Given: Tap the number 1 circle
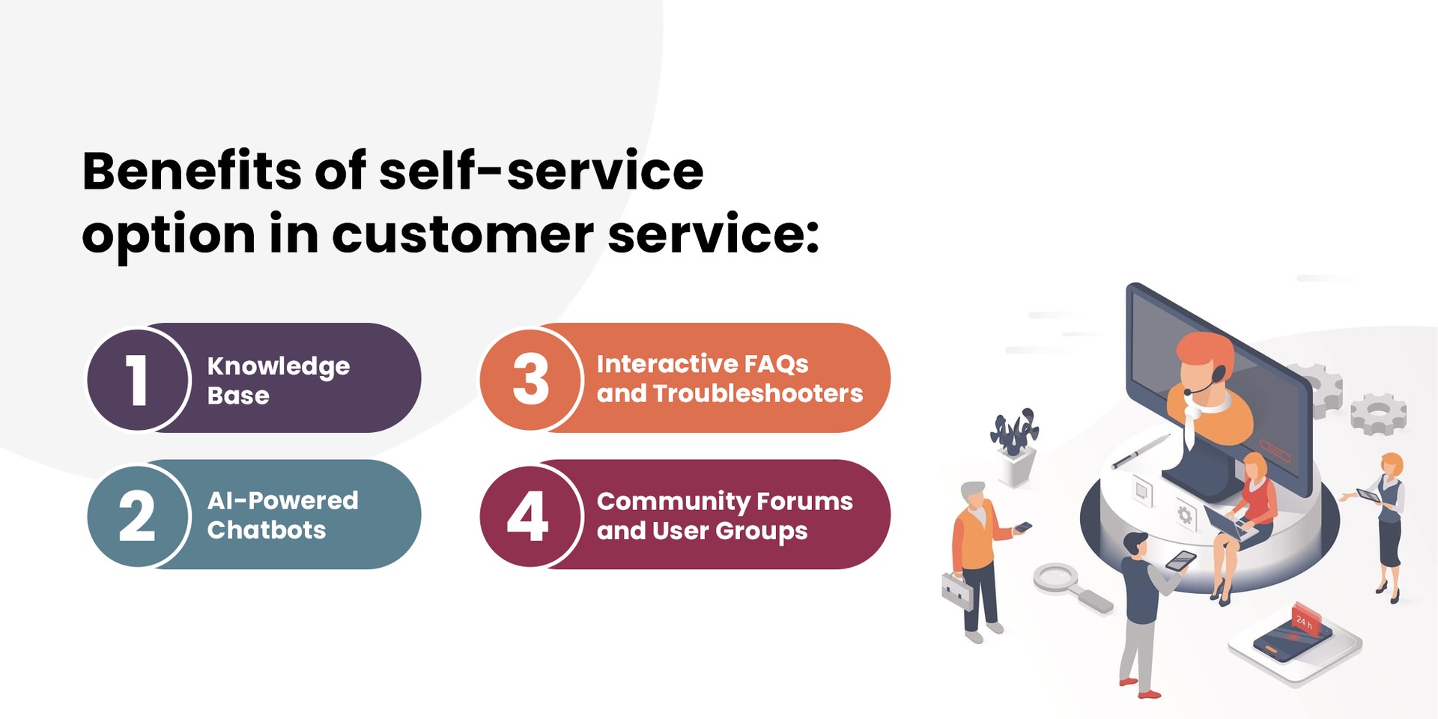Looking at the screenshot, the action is (x=138, y=379).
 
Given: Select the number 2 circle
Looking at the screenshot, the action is (x=138, y=515).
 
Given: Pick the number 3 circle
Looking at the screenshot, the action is (x=530, y=379).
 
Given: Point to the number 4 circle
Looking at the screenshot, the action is (x=530, y=515).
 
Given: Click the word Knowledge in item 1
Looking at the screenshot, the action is (x=279, y=366).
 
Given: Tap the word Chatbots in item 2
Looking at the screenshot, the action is (x=267, y=530).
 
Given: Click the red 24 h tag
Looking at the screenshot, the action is (x=1307, y=619).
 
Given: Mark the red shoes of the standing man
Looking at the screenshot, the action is (x=1138, y=688).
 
